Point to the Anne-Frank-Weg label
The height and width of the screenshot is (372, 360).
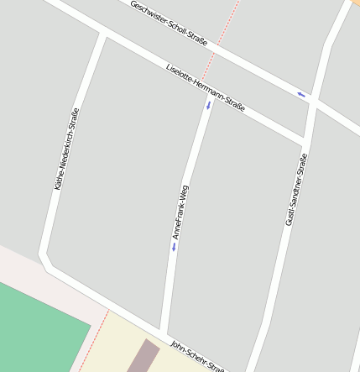pyautogui.click(x=180, y=212)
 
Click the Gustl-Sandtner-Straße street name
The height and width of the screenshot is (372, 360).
pyautogui.click(x=295, y=189)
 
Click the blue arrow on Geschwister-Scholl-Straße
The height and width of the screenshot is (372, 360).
pyautogui.click(x=300, y=93)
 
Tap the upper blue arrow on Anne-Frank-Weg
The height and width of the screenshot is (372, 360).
pyautogui.click(x=209, y=106)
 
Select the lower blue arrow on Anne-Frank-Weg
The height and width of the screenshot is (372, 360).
pyautogui.click(x=174, y=248)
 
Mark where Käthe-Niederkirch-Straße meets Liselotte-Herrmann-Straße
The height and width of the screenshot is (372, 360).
pyautogui.click(x=102, y=35)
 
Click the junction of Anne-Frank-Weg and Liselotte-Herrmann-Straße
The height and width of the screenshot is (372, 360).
pyautogui.click(x=211, y=92)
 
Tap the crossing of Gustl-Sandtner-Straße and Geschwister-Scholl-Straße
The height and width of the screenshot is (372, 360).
pyautogui.click(x=312, y=100)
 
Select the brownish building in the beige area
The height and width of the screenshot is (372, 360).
pyautogui.click(x=143, y=356)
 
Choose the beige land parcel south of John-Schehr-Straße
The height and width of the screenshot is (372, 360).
pyautogui.click(x=117, y=344)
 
